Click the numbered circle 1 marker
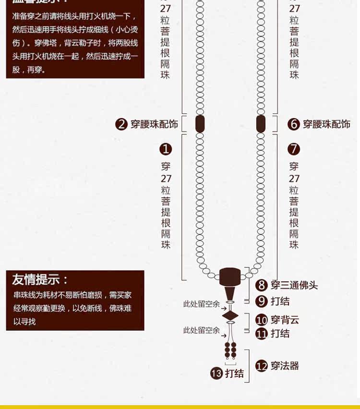tap(166, 149)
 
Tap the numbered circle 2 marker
tap(121, 124)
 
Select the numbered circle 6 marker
tap(294, 124)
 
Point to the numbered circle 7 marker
tap(294, 149)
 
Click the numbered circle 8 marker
tap(261, 285)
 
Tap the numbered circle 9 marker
tap(261, 301)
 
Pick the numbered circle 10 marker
tap(261, 320)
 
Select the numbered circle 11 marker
tap(261, 333)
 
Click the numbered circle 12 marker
tap(261, 366)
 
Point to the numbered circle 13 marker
tap(216, 373)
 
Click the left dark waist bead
tap(200, 124)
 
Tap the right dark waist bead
tap(261, 124)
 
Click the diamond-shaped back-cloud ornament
tap(230, 315)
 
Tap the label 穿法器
tap(285, 366)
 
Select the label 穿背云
tap(285, 320)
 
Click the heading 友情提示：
tap(40, 280)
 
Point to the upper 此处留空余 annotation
tap(201, 304)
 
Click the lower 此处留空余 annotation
tap(201, 330)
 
